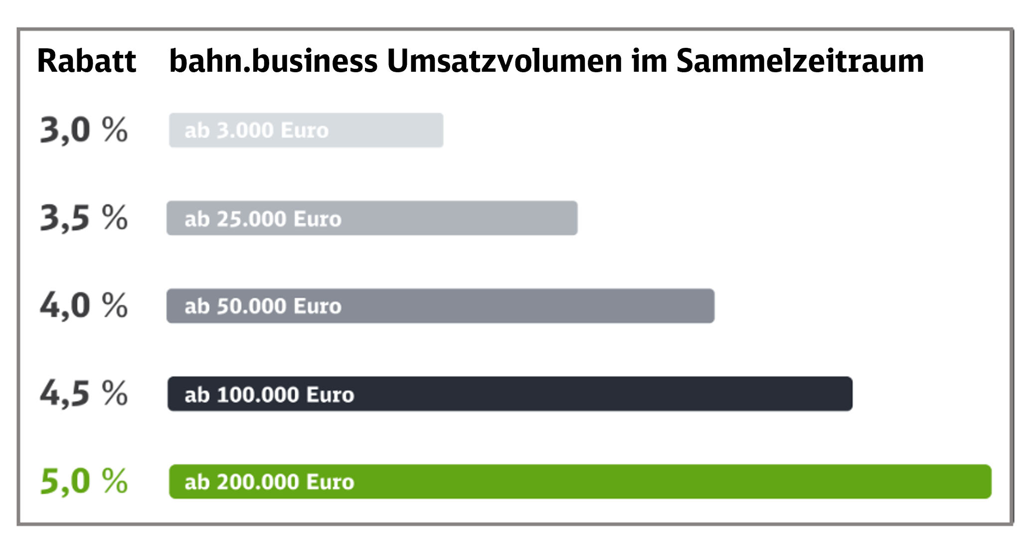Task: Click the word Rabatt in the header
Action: (x=86, y=61)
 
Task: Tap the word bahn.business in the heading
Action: (x=273, y=61)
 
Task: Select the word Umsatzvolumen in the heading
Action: (x=504, y=61)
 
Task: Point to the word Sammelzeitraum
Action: (x=800, y=61)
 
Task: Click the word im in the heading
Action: (x=649, y=61)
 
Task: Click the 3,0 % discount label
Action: (x=84, y=130)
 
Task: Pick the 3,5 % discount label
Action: (x=84, y=218)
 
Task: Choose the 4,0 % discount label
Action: (x=84, y=305)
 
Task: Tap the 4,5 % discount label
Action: (x=84, y=394)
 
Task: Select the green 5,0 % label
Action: (x=84, y=481)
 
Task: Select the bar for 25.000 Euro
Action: (x=459, y=218)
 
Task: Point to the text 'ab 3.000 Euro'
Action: (x=256, y=131)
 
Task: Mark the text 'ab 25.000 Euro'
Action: (x=263, y=219)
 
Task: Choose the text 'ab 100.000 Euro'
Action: (x=269, y=395)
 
